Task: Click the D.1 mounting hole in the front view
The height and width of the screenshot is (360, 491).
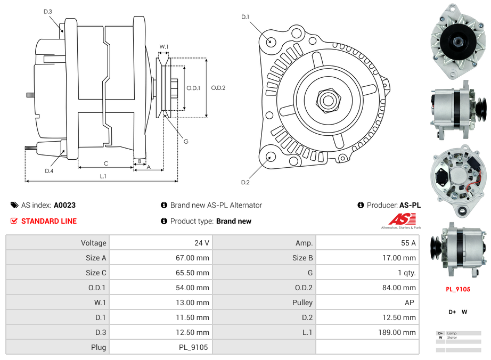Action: pos(271,40)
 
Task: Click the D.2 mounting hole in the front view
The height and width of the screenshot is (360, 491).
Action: pos(271,157)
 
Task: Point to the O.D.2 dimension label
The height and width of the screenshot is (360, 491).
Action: pos(218,88)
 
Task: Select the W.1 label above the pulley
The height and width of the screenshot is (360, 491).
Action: pos(164,47)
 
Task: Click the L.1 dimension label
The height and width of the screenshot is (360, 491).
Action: pos(103,176)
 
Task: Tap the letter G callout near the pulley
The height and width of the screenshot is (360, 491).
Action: pos(186,142)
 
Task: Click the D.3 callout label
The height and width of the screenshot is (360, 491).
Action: pos(48,11)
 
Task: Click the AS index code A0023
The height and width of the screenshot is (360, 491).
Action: pos(64,205)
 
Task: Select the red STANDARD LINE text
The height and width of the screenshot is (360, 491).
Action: pos(49,221)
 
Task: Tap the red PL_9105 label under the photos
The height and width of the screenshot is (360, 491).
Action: pos(458,289)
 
